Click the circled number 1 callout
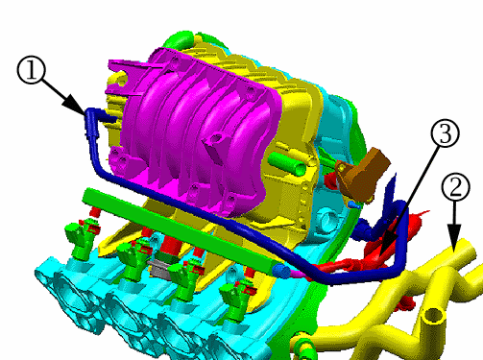coord(32,70)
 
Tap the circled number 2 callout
coord(455,187)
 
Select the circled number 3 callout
coord(446,132)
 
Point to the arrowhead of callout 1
coord(76,106)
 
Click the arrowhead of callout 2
coord(454,237)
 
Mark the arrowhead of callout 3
coord(387,246)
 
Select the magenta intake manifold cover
coord(195,132)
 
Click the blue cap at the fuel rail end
coord(281,271)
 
